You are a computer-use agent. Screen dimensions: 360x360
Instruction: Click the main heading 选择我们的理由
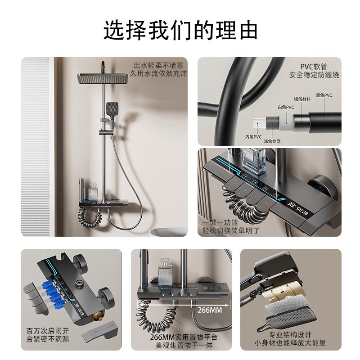(180, 30)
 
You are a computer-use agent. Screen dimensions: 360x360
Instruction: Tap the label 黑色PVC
(324, 95)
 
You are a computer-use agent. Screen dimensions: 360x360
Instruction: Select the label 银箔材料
(302, 99)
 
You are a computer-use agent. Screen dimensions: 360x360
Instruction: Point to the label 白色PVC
(286, 107)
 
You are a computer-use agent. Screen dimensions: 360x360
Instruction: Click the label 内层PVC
(253, 137)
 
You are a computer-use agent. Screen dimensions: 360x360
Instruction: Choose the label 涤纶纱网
(272, 141)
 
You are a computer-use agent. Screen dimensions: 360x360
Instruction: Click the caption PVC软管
(314, 67)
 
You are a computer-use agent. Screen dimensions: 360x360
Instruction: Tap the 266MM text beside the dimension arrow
(210, 310)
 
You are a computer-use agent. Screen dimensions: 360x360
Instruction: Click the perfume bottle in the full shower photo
(94, 191)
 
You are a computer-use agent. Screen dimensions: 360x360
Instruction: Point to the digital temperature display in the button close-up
(298, 208)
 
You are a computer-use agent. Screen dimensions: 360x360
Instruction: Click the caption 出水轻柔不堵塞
(159, 66)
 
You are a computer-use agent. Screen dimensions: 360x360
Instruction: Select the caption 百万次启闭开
(48, 331)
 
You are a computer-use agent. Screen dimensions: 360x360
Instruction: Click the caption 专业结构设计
(290, 335)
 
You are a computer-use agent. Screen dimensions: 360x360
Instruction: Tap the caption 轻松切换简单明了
(231, 230)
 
